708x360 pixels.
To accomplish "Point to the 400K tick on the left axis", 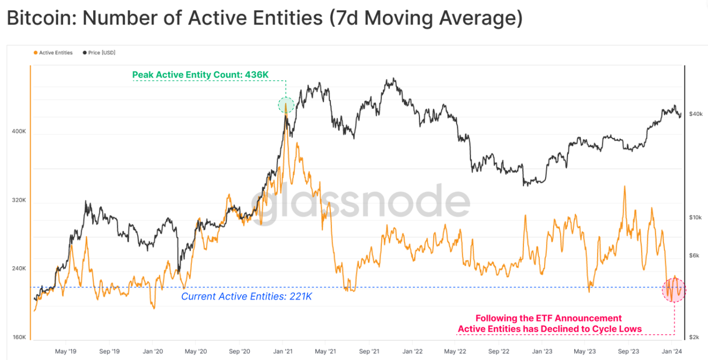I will click(19, 132).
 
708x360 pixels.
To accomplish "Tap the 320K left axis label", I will click(19, 200).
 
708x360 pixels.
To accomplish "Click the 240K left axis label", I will click(19, 269).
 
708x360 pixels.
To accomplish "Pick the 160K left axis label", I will click(19, 337).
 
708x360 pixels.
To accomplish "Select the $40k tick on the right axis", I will click(696, 114).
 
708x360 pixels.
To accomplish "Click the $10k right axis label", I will click(696, 217).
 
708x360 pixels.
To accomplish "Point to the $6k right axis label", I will click(694, 255).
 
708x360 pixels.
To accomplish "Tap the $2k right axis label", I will click(694, 337).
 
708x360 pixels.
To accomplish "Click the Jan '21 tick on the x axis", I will click(283, 352).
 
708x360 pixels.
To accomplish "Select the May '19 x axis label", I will click(66, 352).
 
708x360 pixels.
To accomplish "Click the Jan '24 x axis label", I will click(671, 352).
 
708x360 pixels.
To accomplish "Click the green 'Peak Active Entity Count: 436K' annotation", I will click(200, 75).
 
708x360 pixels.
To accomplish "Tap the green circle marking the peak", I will click(286, 105).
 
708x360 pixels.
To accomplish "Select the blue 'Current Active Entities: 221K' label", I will click(247, 296).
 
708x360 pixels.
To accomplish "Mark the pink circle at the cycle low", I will click(673, 289).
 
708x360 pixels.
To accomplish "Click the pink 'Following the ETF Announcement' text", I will click(548, 318).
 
